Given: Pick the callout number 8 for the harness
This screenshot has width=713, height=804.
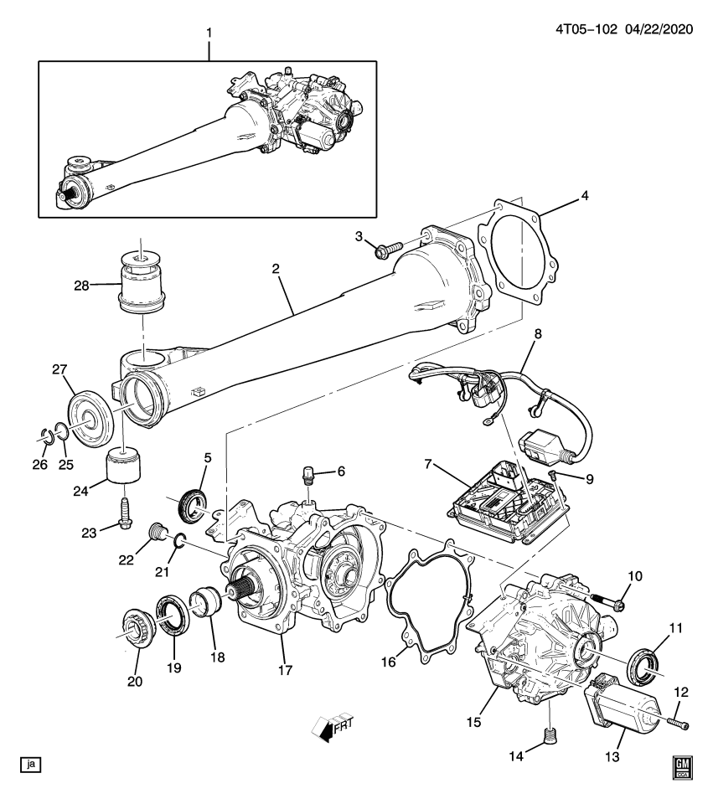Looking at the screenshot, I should tap(538, 333).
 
